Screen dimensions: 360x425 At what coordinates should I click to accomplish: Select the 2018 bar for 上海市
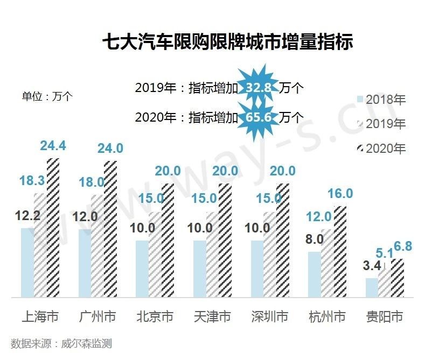click(27, 262)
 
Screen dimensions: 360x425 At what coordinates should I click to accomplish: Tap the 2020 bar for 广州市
click(109, 229)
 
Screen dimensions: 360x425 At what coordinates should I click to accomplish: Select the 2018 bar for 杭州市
click(314, 274)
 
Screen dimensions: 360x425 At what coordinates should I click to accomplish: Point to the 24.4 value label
click(53, 146)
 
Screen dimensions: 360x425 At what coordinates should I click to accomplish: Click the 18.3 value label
click(32, 181)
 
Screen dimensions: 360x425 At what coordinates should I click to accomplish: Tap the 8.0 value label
click(315, 239)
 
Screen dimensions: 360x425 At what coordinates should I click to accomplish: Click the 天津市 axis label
click(212, 316)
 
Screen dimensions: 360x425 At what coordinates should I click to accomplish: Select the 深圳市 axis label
click(269, 316)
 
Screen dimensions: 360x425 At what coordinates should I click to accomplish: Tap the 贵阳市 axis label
click(385, 316)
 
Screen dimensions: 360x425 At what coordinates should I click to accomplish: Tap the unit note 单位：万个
click(47, 96)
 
